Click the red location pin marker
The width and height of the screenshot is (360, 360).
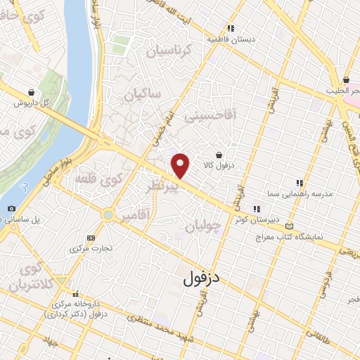point(181,165)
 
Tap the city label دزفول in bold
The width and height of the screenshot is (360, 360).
point(201,278)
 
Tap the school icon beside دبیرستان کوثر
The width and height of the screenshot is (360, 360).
point(257,208)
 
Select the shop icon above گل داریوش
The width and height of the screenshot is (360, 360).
point(32,92)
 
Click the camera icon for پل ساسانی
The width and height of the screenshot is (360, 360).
point(11,209)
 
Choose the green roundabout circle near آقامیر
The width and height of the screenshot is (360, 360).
point(108,214)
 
